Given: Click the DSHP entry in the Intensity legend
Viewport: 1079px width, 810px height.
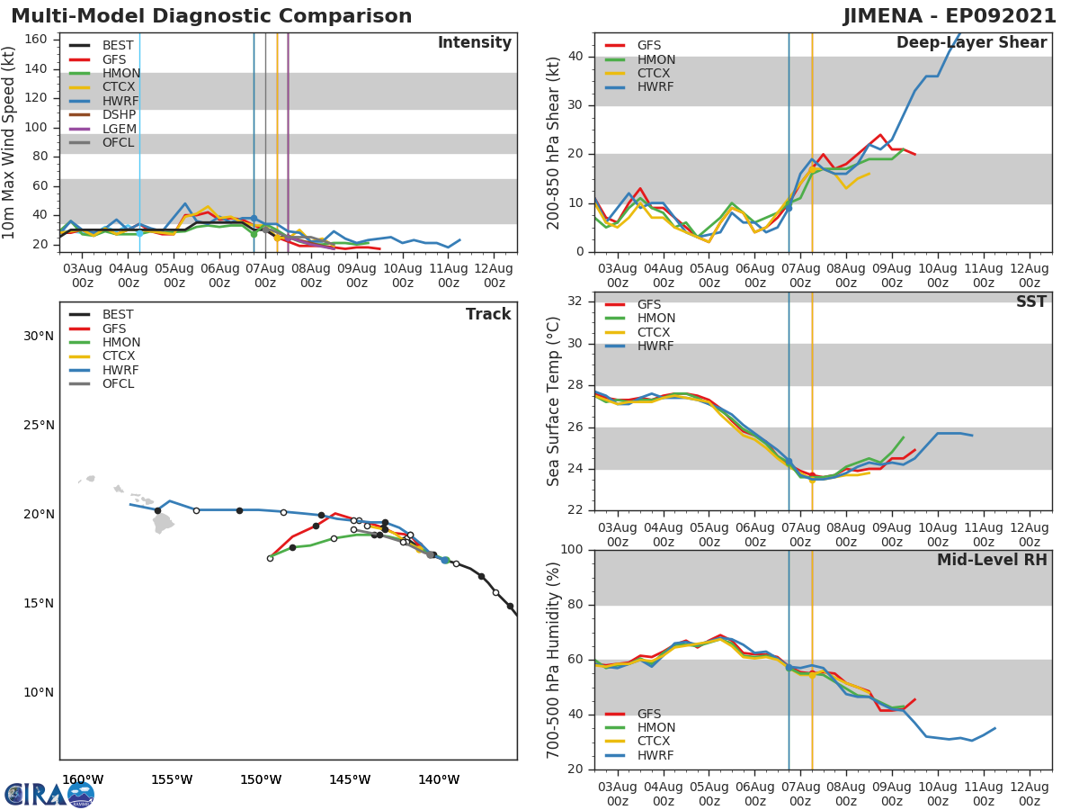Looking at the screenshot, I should point(118,114).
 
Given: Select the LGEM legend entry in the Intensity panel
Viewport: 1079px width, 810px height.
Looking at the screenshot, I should point(118,129).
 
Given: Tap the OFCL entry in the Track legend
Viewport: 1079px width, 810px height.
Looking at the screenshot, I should point(118,384).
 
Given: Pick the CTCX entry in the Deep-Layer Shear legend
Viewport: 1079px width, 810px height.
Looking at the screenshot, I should point(655,74).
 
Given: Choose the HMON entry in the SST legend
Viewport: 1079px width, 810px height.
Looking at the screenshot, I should point(656,319).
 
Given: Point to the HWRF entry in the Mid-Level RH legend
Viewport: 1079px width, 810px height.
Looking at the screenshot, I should point(655,756).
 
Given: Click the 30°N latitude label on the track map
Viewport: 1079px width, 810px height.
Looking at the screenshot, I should point(38,337).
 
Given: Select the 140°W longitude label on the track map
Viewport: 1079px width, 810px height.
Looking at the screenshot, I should point(439,780).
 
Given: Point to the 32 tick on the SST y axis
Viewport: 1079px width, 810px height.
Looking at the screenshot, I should point(576,301).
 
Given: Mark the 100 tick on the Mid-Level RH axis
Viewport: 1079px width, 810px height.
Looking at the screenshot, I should point(572,550).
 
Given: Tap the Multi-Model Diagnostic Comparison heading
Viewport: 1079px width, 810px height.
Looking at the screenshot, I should point(211,16).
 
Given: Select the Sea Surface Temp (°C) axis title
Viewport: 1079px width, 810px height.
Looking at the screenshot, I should point(554,402).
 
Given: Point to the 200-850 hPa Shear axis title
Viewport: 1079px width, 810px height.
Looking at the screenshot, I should point(554,142).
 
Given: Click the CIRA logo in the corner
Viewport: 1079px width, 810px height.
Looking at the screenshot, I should point(49,794).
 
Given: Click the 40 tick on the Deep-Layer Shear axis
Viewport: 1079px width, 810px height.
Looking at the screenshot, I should point(576,57).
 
